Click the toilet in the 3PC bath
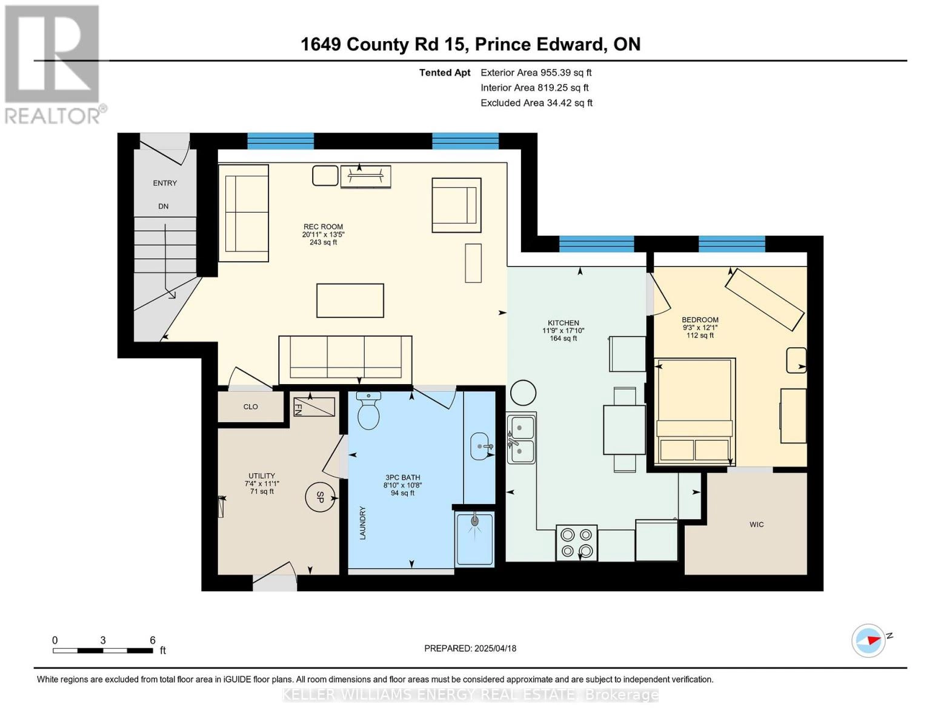tap(368, 413)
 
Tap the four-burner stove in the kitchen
tap(576, 543)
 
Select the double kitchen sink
tap(521, 439)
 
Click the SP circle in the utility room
tap(320, 497)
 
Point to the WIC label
tap(756, 525)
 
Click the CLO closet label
tap(250, 407)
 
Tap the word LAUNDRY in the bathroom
tap(363, 523)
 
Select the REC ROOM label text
tap(323, 227)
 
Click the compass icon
tap(869, 640)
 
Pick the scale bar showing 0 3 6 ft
tap(103, 650)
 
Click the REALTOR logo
tap(53, 64)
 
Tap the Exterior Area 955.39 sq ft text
tap(536, 73)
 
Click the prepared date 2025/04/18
tap(470, 648)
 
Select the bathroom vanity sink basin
tap(480, 447)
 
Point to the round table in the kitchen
tap(524, 393)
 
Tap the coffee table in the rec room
tap(350, 300)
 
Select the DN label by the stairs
tap(163, 207)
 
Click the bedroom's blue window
tap(731, 244)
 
